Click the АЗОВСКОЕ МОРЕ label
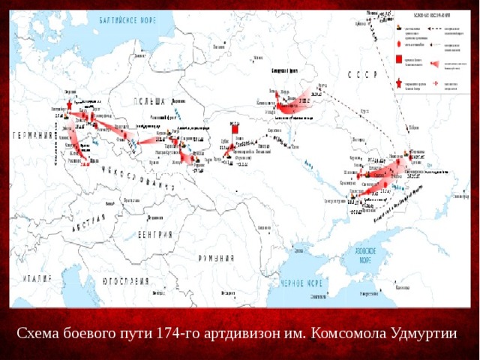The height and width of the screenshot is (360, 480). (364, 256)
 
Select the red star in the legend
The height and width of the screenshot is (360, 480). (397, 85)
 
